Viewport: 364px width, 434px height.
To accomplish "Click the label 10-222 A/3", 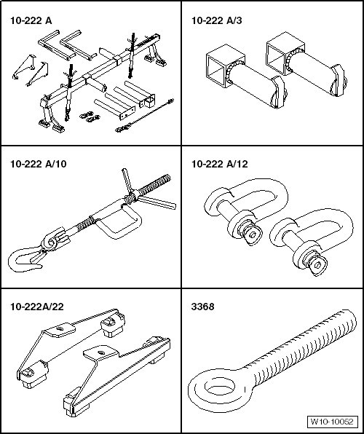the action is (x=217, y=21).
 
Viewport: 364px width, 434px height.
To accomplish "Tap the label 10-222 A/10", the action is (x=38, y=164).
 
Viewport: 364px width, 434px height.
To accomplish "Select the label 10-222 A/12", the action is (x=220, y=164).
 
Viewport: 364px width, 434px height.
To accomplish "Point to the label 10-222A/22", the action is (x=37, y=307).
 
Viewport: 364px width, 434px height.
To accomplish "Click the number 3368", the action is (x=202, y=307).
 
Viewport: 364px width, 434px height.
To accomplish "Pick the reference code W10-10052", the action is (x=332, y=422).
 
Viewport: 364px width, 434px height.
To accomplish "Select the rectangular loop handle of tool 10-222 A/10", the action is (x=119, y=221).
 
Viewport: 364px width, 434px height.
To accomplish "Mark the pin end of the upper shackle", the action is (x=251, y=234).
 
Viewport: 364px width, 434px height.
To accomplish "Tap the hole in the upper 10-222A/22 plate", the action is (x=60, y=329).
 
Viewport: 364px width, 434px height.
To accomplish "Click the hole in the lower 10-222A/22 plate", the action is (x=100, y=353).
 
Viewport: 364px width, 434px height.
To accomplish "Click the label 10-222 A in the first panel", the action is (x=31, y=21).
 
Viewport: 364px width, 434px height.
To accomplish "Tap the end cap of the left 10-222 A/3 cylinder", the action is (x=279, y=92).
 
